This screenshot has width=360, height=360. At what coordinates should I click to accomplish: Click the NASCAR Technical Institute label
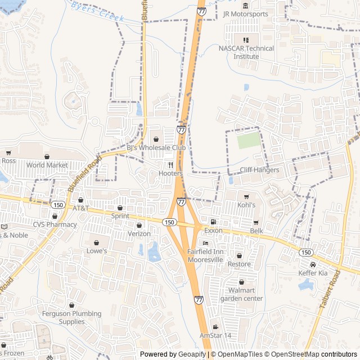point(246,52)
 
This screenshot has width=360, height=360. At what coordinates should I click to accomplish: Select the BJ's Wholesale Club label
point(156,147)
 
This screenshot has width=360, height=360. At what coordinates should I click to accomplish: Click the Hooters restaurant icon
point(170,165)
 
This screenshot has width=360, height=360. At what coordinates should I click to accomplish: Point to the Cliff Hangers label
point(259,170)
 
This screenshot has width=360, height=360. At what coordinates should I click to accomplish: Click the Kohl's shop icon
point(246,196)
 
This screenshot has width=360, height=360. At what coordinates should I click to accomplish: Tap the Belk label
point(256,231)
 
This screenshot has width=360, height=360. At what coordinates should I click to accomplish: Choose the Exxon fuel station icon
point(213,222)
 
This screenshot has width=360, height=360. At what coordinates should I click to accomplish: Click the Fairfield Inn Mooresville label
point(205,256)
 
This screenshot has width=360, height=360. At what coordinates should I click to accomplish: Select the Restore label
point(239,264)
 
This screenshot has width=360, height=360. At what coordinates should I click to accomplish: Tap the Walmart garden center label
point(241,294)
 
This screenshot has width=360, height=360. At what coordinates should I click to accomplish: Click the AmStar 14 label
point(215,335)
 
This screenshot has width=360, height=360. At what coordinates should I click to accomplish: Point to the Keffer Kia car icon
point(313,264)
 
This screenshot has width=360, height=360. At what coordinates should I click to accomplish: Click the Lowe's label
point(96,251)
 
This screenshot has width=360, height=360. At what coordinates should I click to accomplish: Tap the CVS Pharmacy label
point(55,224)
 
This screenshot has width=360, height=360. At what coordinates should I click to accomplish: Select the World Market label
point(47,165)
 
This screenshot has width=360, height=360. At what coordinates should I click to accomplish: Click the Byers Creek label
point(97,11)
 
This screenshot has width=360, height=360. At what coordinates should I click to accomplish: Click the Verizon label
point(139,233)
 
